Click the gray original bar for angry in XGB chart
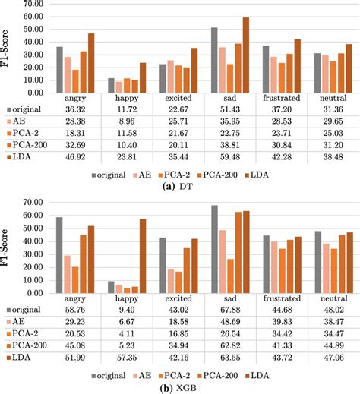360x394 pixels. pyautogui.click(x=59, y=254)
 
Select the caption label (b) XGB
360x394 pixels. pyautogui.click(x=179, y=387)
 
